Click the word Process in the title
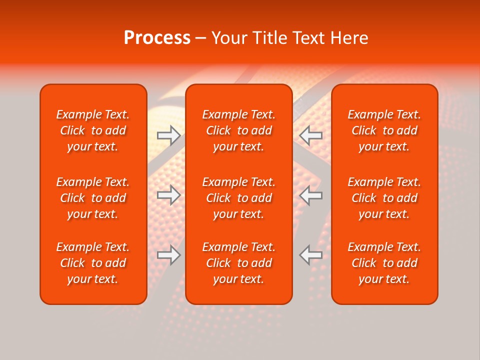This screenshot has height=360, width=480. [157, 38]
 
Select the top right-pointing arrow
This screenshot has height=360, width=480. [169, 135]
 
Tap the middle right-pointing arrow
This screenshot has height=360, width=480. [169, 195]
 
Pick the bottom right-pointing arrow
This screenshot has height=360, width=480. [169, 255]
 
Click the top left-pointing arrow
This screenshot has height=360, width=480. [311, 135]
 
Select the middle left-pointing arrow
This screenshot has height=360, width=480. [311, 195]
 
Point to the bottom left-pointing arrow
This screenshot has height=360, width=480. [311, 255]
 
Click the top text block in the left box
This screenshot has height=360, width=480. [93, 130]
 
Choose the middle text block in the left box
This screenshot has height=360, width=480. [93, 198]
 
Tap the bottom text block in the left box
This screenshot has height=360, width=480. [93, 263]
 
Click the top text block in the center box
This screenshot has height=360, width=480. [239, 130]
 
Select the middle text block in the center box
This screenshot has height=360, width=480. [239, 198]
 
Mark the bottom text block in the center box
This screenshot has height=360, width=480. [239, 263]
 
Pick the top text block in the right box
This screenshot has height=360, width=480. [384, 130]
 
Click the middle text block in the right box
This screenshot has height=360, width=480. [384, 198]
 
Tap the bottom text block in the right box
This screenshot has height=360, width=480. [384, 263]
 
